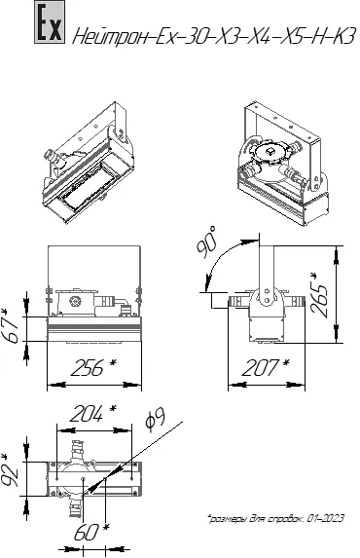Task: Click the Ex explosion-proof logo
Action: (50, 22)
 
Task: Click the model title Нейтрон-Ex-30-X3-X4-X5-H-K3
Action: (214, 37)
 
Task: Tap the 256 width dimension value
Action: (93, 367)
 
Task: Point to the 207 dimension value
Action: (265, 367)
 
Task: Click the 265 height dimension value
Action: (319, 294)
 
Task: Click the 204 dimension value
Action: (92, 414)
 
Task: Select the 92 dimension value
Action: (10, 470)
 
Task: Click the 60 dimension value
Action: (91, 533)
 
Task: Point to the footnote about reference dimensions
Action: (275, 518)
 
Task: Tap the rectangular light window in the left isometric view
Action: (88, 192)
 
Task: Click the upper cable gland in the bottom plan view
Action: (77, 450)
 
